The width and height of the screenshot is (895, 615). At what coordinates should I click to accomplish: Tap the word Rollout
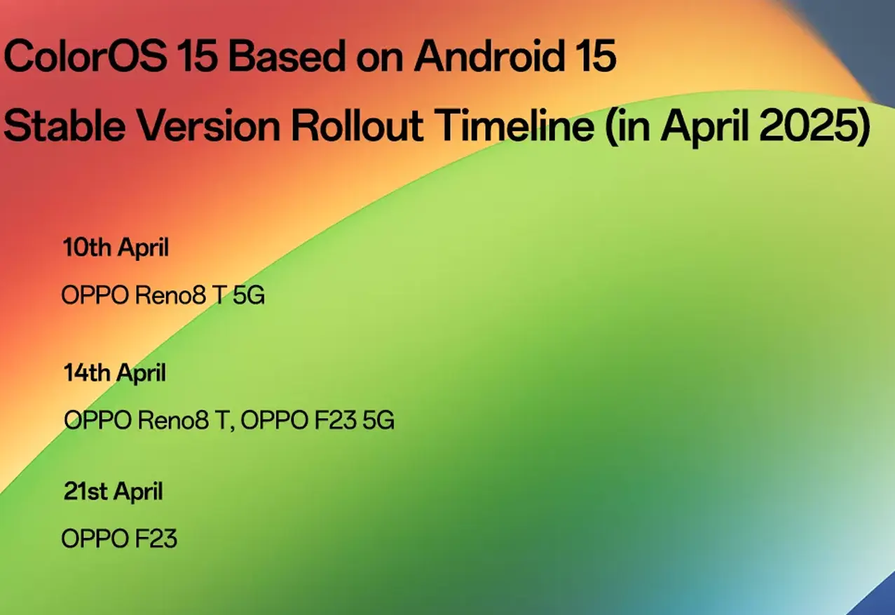pos(358,126)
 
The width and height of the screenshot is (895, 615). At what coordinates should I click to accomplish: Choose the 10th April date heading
pos(116,248)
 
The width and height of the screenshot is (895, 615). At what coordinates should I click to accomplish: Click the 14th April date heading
pos(115,373)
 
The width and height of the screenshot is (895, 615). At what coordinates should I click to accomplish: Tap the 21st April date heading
pos(113,492)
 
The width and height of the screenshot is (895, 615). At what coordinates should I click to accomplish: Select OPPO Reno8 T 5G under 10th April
pos(163,296)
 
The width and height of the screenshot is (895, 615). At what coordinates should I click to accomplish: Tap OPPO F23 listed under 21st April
pos(119,539)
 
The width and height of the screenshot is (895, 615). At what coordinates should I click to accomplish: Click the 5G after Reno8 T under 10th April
pos(248,296)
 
